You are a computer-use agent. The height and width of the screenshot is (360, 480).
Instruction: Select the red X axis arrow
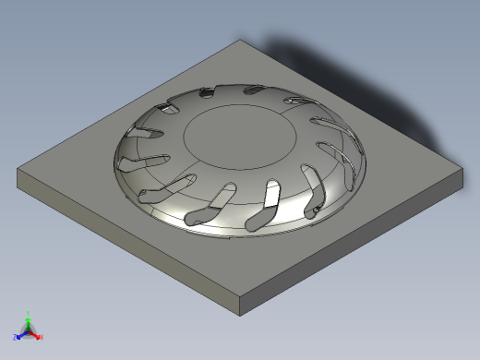[x=36, y=334]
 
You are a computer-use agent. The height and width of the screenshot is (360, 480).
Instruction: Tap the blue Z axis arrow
[x=21, y=334]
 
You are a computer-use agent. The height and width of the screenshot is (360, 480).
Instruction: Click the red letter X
[x=42, y=337]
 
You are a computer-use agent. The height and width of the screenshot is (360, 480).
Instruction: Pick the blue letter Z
[x=16, y=337]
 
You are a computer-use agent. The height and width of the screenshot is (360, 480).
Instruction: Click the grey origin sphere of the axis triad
[x=28, y=330]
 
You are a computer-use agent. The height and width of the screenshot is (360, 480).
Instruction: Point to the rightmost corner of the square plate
[x=462, y=168]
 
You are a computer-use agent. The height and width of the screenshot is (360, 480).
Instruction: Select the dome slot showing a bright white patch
[x=272, y=193]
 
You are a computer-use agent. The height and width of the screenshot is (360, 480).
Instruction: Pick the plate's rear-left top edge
[x=130, y=104]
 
